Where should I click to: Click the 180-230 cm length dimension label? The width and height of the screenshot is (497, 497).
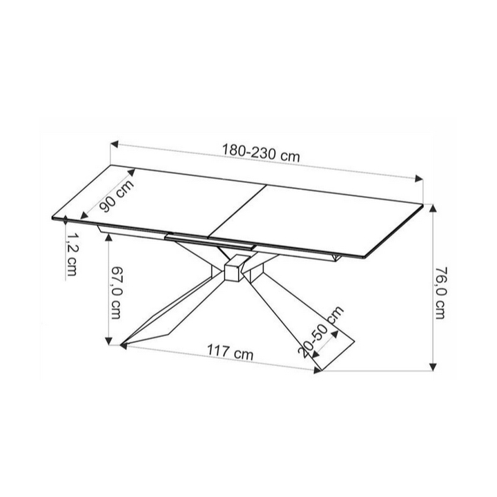tap(260, 153)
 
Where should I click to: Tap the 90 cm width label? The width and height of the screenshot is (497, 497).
tap(117, 196)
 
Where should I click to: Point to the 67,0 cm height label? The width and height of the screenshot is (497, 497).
tap(116, 292)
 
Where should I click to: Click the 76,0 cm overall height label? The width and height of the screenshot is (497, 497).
tap(440, 293)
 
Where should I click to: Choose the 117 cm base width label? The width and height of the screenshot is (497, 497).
tap(231, 352)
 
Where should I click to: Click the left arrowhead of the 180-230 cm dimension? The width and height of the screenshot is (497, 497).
tap(114, 144)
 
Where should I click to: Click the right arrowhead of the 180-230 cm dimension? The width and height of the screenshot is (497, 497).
tap(419, 179)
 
